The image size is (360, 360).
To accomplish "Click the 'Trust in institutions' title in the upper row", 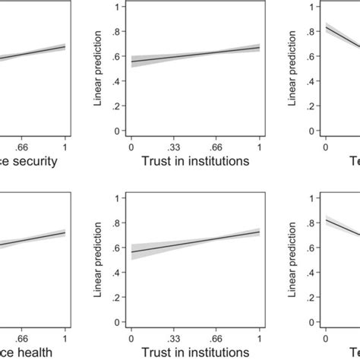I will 195,161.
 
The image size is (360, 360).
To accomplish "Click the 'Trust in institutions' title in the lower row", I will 195,351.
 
